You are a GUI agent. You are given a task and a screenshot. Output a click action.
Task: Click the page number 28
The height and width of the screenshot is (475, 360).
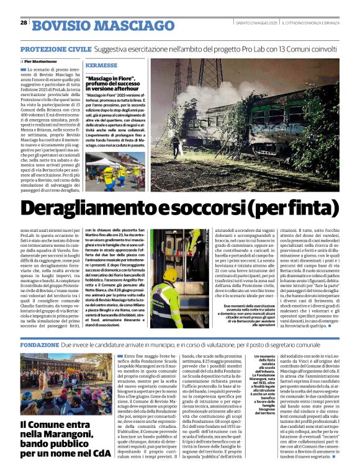click(24, 23)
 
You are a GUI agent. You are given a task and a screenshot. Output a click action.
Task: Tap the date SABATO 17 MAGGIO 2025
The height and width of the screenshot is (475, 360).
click(257, 24)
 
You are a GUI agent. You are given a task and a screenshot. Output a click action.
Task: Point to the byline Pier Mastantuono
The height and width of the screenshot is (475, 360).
click(44, 61)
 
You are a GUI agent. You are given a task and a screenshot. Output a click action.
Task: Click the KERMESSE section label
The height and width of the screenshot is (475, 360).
click(102, 65)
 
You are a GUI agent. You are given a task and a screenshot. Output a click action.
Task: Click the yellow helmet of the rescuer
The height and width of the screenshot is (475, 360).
click(171, 273)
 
